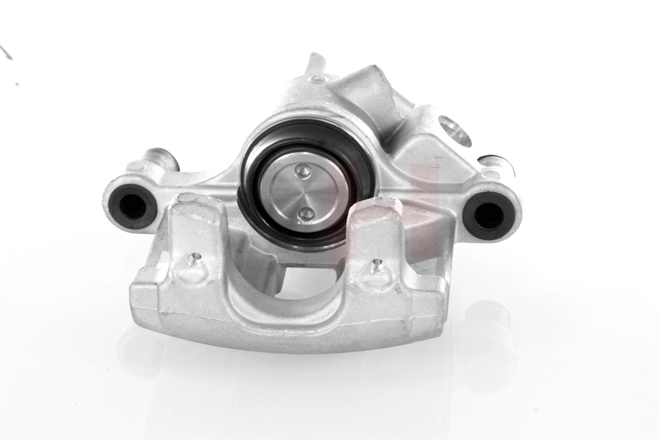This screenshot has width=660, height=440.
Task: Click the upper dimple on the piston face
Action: (302, 171)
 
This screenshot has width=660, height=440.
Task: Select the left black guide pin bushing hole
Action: (133, 205)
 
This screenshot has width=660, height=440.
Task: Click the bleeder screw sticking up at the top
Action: (316, 62)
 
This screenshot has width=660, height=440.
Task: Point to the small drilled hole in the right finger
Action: (377, 266)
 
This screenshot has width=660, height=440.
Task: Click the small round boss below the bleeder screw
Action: (318, 79)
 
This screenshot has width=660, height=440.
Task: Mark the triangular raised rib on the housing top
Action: (369, 96)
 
